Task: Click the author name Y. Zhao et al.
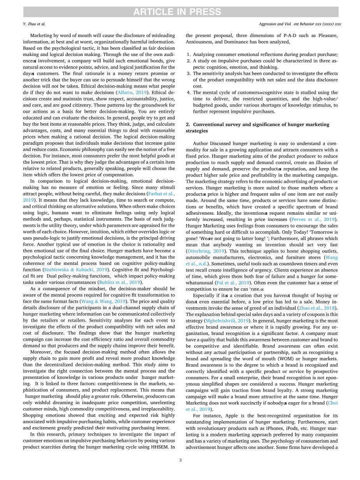(x=33, y=24)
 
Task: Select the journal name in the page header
(x=300, y=24)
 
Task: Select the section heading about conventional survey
(x=257, y=128)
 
